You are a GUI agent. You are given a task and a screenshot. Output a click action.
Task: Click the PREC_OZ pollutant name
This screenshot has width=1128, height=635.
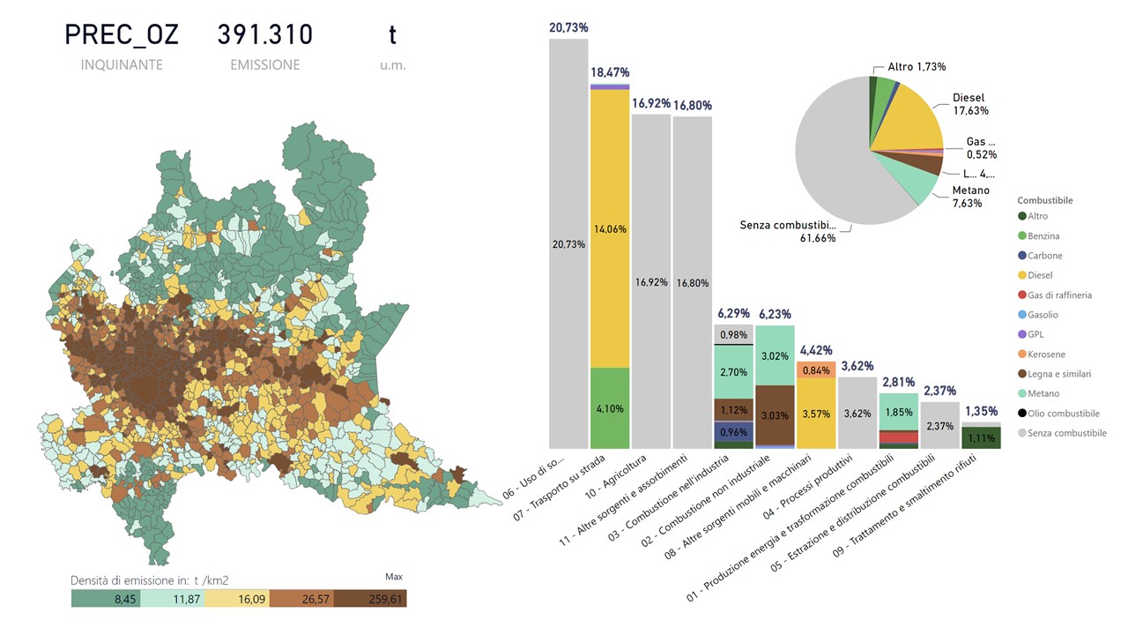122,35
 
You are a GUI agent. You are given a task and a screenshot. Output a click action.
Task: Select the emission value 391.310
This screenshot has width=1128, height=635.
264,35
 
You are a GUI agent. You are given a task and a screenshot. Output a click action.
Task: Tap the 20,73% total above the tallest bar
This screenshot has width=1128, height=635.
568,28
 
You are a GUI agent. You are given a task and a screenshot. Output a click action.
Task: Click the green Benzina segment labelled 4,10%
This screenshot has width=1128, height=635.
610,408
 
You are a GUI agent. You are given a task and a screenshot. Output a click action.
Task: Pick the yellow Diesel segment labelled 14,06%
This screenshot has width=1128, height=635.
610,228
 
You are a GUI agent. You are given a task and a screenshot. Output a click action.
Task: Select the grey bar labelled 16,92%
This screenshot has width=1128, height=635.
651,282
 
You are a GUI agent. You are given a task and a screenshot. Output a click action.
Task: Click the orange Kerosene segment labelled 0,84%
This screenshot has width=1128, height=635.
817,370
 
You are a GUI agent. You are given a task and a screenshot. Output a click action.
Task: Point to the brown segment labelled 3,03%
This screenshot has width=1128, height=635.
775,415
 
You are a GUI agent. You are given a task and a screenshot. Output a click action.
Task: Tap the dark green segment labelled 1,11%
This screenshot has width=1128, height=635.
982,437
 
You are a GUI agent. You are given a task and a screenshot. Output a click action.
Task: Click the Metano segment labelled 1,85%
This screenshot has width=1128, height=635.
899,412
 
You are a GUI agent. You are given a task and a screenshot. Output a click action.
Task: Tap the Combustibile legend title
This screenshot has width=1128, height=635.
1045,200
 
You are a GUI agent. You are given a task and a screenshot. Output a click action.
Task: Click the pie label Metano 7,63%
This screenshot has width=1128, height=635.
970,197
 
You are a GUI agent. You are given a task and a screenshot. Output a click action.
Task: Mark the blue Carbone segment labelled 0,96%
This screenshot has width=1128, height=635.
734,432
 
